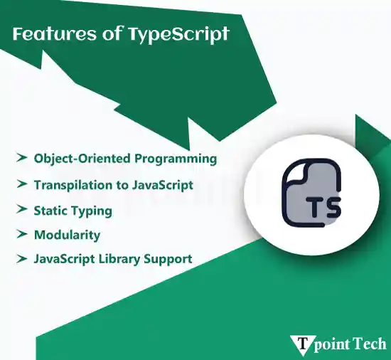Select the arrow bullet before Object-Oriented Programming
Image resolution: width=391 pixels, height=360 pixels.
point(21,157)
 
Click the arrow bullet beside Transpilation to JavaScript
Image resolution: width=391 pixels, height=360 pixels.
point(21,184)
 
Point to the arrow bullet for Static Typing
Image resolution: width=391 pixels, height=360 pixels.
point(21,210)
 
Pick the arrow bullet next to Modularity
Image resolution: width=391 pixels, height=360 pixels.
point(21,234)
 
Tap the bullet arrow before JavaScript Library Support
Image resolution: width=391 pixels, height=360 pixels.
point(21,258)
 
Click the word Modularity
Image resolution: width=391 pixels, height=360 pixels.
point(67,235)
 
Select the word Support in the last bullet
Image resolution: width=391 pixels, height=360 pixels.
point(169,259)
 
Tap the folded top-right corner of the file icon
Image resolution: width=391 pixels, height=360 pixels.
point(332,173)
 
